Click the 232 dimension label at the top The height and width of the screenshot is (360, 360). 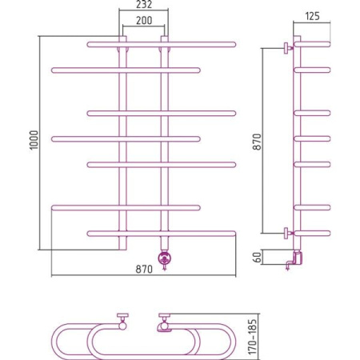tap(144, 4)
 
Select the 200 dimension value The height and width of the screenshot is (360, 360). tap(144, 20)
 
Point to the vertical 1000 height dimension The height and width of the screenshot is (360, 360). tap(34, 140)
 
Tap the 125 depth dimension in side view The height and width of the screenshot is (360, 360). tap(312, 16)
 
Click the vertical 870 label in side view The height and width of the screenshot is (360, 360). tap(258, 142)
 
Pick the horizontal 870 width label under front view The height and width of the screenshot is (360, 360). tap(144, 269)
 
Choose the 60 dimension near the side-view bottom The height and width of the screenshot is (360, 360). tap(258, 257)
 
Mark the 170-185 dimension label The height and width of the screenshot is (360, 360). tap(253, 337)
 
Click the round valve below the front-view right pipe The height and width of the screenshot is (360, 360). tap(165, 258)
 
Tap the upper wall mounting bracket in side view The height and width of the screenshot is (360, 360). tap(287, 48)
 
